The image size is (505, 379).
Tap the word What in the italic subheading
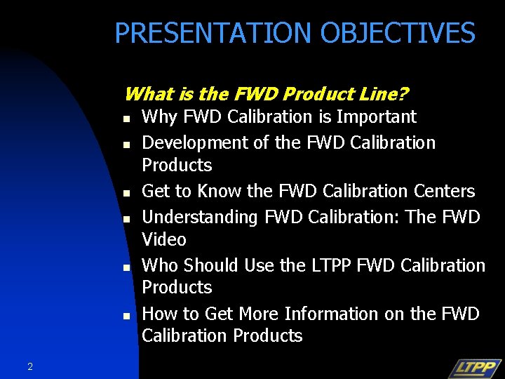tap(145, 94)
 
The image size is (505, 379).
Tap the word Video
tap(164, 239)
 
